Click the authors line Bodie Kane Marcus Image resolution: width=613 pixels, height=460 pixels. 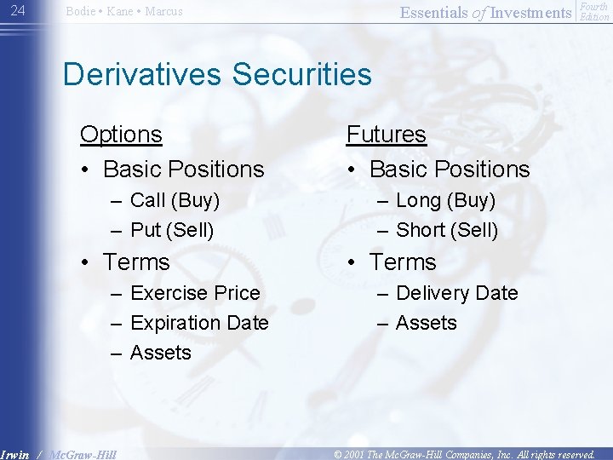pos(124,12)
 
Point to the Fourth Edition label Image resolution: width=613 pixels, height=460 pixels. pos(593,12)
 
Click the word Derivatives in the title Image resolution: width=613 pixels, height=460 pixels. pos(141,74)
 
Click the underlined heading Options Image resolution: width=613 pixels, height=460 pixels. pos(121,135)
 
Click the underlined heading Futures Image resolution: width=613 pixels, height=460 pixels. pos(386,135)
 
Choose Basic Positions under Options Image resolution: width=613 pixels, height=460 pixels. pos(183,170)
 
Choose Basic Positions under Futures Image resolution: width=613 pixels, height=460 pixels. pos(449,170)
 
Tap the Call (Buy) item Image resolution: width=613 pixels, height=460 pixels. pos(175,201)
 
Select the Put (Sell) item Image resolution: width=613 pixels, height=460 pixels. pos(172,230)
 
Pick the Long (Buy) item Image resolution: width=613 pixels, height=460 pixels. pos(445,201)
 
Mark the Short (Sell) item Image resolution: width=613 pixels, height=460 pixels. pos(447,230)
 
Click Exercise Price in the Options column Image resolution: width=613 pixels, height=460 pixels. pos(195,293)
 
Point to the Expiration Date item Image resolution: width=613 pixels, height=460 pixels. pos(199,323)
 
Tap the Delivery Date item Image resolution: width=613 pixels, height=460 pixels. pos(456,293)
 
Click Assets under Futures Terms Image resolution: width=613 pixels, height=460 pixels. pos(427,323)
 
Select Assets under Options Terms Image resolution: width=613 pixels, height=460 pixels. pos(161,353)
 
